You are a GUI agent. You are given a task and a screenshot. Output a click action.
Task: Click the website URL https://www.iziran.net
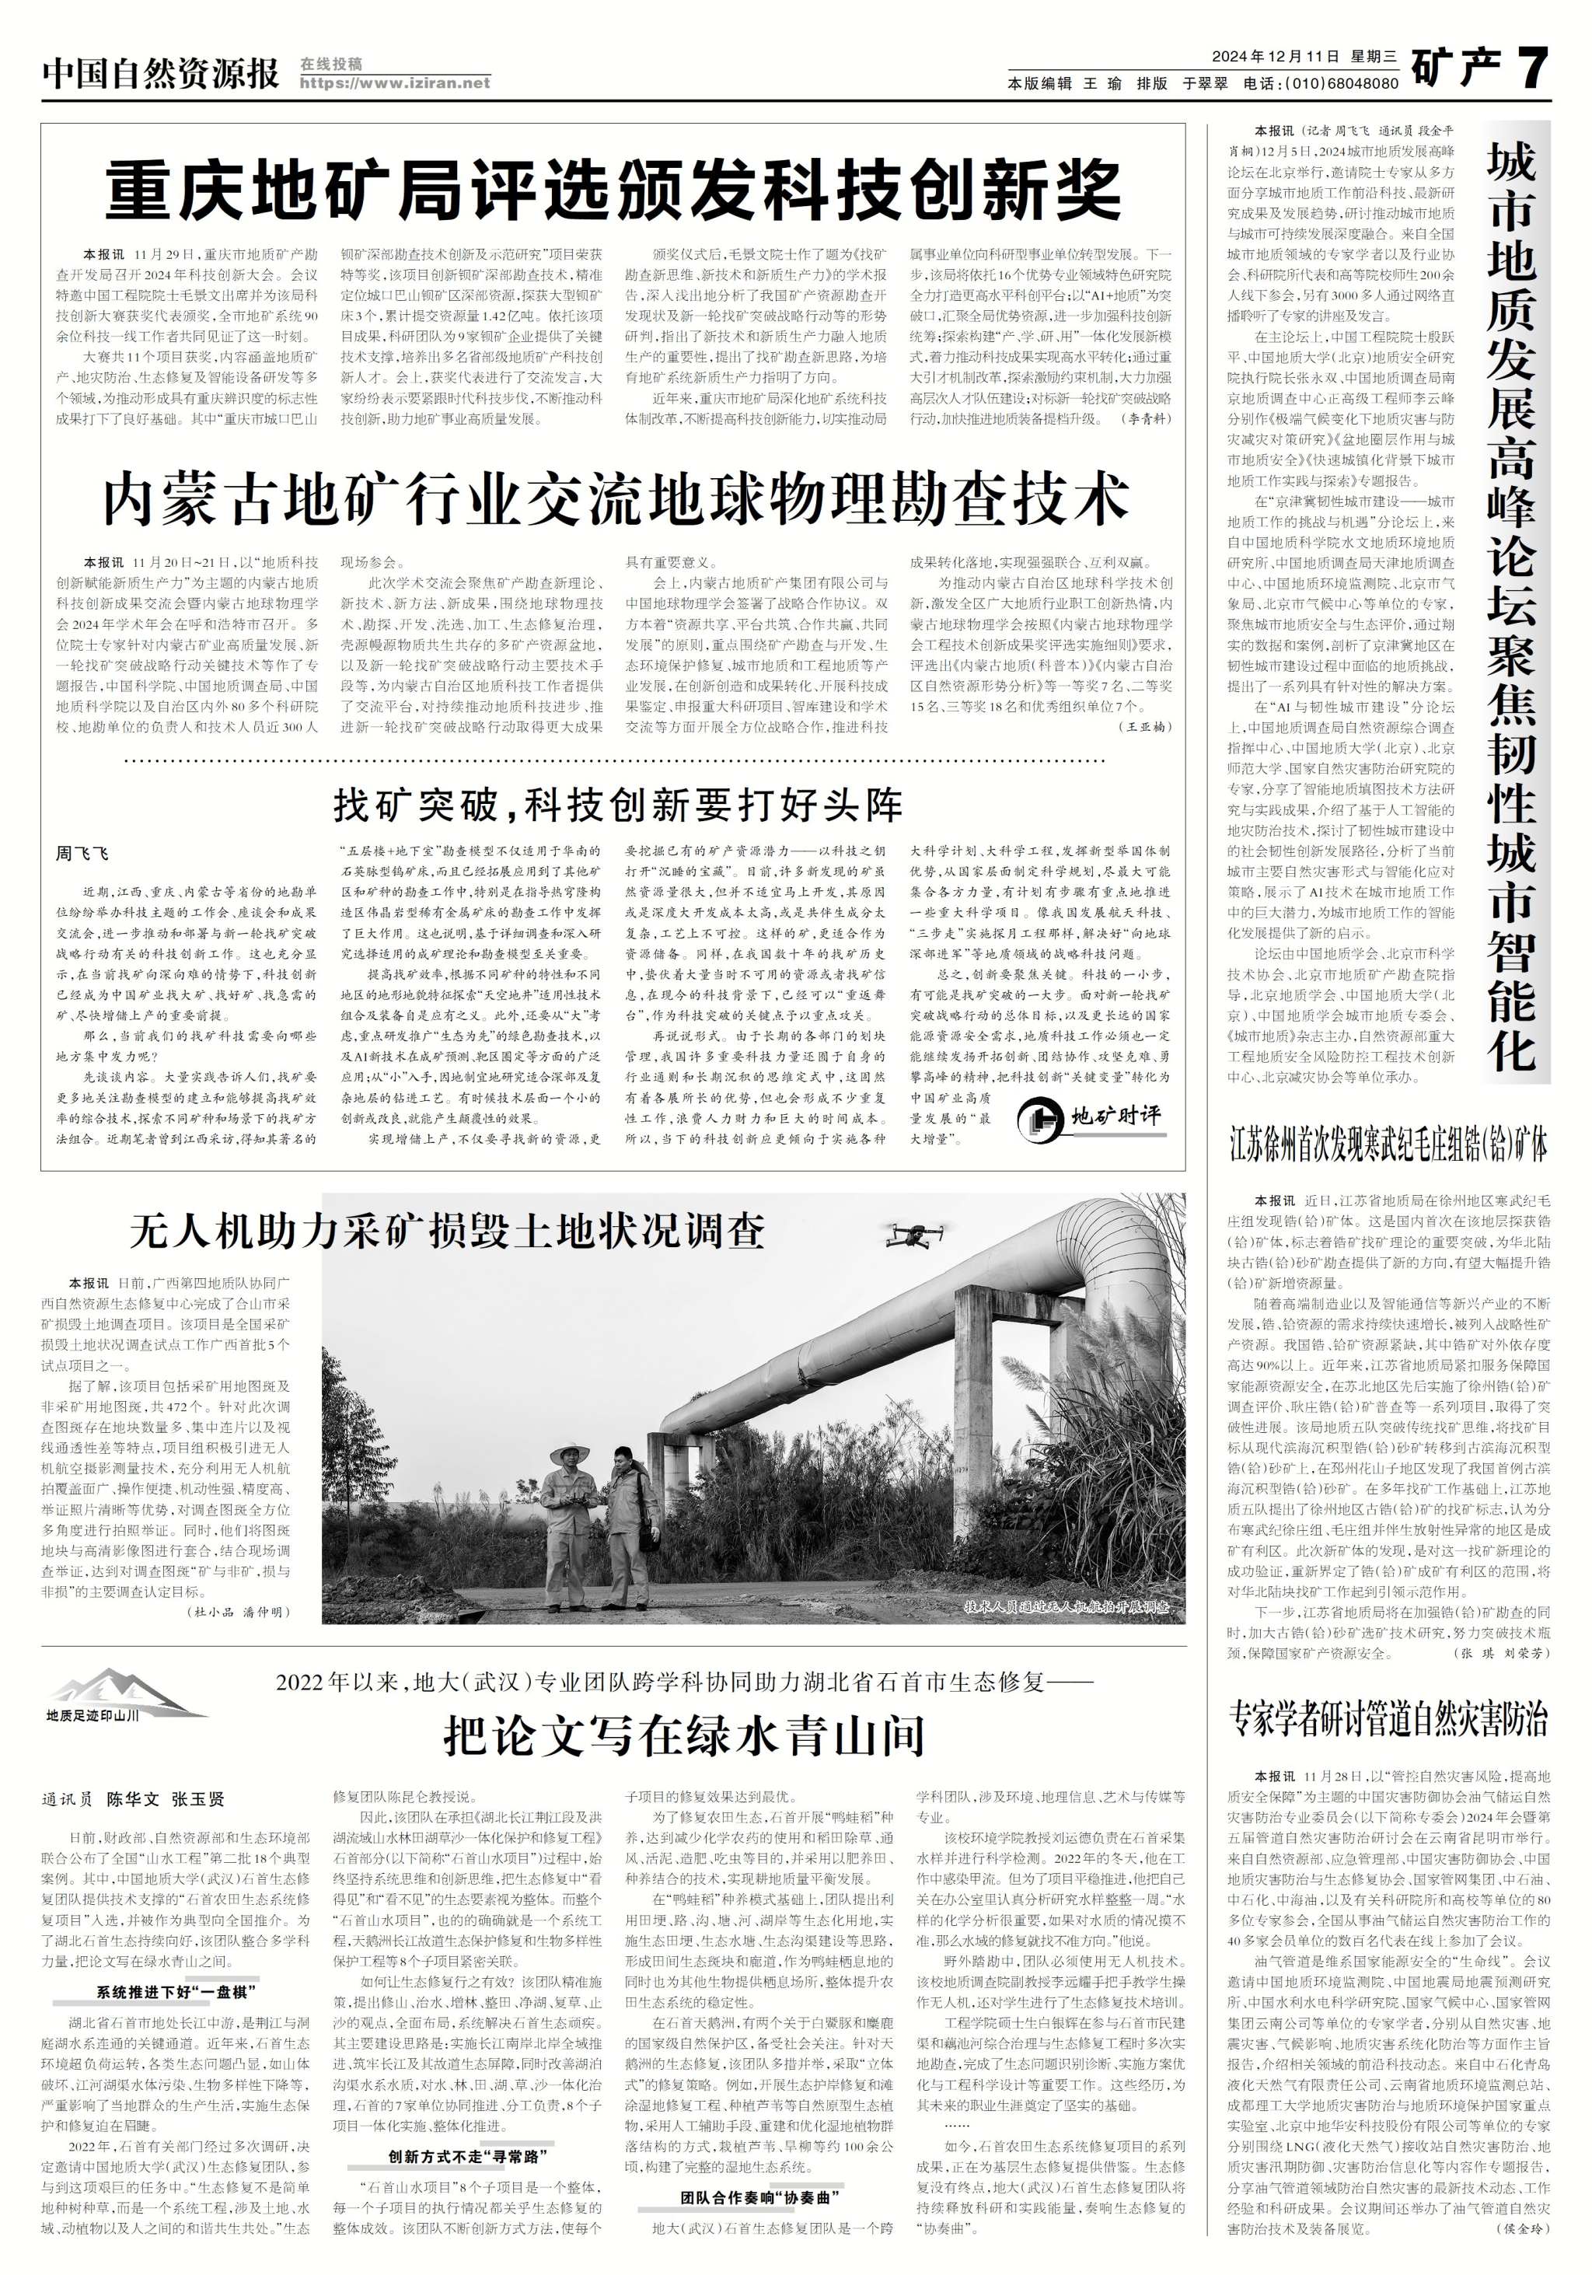[x=394, y=83]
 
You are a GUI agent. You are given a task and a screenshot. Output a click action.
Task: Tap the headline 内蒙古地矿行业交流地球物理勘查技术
[x=615, y=498]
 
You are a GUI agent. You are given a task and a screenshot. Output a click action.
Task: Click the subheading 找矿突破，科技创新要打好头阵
[x=617, y=806]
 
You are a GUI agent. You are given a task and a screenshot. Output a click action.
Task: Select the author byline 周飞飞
[x=82, y=853]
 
